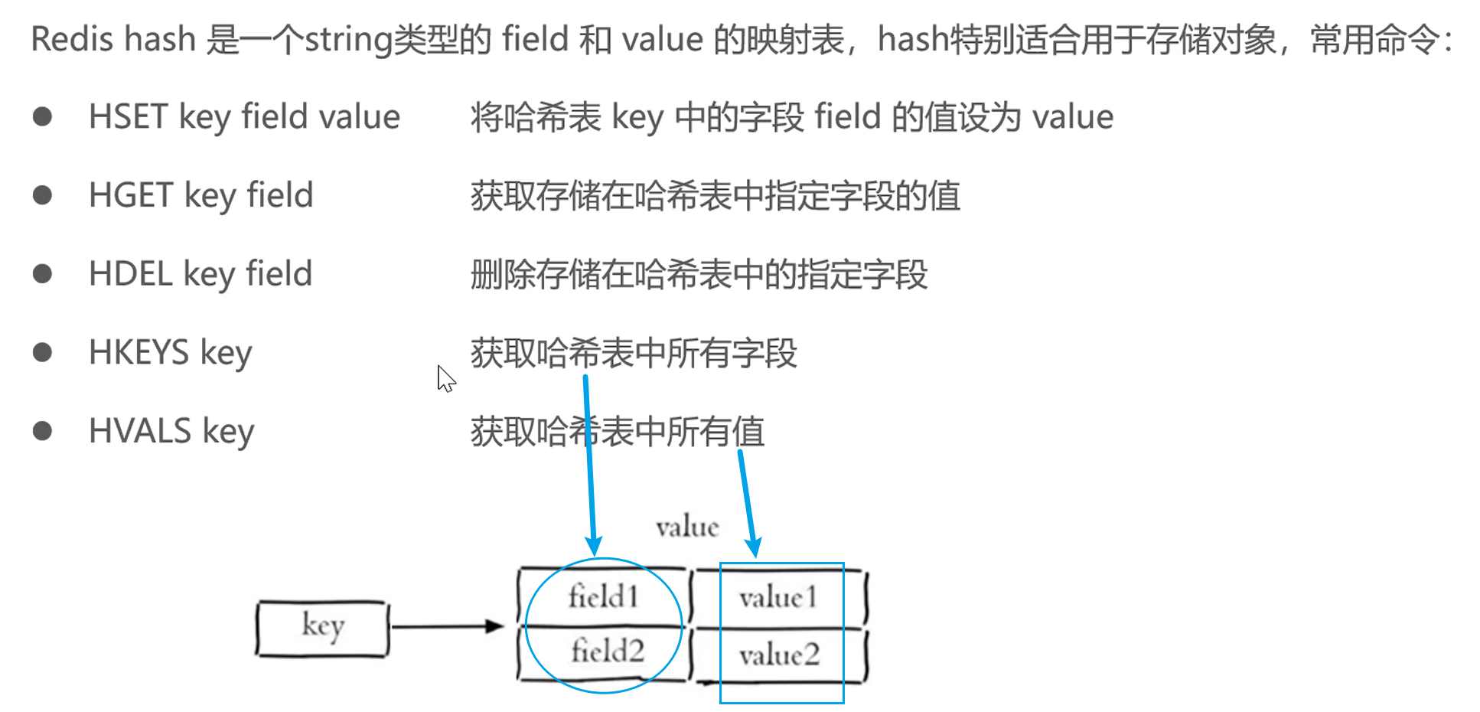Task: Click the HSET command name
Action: click(128, 117)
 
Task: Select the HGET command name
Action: click(131, 195)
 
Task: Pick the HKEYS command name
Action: click(139, 352)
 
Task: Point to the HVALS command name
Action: click(139, 430)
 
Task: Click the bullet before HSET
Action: click(43, 117)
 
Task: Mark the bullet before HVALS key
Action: click(43, 430)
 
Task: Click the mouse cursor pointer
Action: click(445, 378)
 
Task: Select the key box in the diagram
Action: click(322, 628)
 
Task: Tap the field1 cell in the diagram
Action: click(603, 596)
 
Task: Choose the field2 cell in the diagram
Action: click(607, 652)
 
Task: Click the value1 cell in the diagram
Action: click(778, 597)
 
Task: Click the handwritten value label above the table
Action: click(687, 527)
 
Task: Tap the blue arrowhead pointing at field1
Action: click(593, 546)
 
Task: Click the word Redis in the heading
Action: click(73, 39)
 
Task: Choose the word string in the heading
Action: click(348, 39)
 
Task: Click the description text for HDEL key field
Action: click(699, 274)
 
